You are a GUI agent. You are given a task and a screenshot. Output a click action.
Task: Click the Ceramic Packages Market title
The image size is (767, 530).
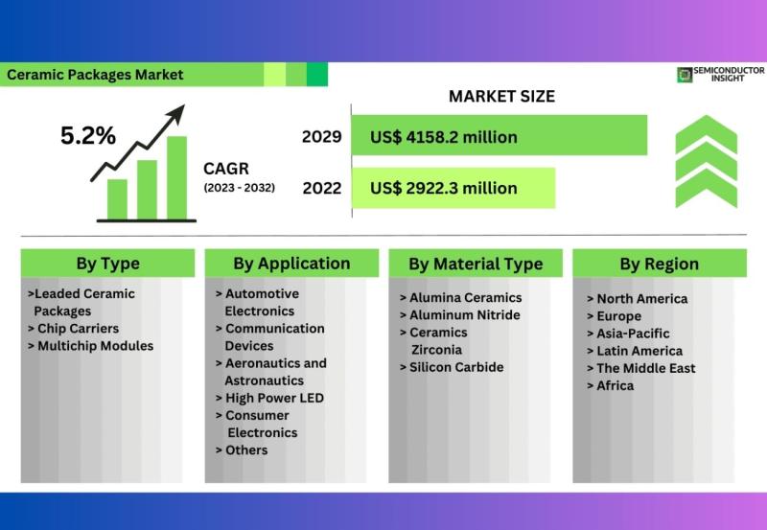coord(95,75)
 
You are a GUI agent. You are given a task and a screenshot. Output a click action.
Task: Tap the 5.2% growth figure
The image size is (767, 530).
coord(88,135)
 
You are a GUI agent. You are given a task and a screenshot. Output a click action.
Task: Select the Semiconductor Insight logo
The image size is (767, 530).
coord(721,75)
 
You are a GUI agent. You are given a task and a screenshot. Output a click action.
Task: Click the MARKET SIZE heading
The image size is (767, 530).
coord(501,96)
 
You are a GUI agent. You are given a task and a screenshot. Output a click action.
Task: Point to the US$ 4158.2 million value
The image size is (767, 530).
coord(444,137)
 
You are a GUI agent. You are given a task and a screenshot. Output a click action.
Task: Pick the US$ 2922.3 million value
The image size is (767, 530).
coord(444,188)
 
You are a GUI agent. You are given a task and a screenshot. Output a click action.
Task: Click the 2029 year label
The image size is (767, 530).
coord(321,136)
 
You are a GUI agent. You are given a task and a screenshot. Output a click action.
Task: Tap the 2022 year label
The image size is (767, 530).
coord(322,188)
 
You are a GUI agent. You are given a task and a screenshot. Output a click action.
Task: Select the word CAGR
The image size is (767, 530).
coord(226,169)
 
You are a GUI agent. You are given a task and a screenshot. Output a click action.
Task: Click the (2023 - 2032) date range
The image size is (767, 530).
coord(239,188)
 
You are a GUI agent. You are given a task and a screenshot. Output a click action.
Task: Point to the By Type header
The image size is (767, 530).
coord(108,264)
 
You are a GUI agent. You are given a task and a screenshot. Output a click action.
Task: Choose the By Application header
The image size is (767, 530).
coord(291,264)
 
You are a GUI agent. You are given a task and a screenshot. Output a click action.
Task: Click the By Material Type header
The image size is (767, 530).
coord(476,264)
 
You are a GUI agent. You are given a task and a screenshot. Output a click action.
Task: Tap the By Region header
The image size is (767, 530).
coord(660,264)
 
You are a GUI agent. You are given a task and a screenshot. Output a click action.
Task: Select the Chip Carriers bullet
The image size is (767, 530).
coord(74,329)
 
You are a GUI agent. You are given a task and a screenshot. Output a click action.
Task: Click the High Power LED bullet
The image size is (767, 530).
coord(269,398)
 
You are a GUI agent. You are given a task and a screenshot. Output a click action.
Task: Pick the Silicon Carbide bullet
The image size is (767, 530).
coord(452,367)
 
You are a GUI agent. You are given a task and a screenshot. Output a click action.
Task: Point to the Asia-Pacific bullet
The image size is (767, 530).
coord(628,334)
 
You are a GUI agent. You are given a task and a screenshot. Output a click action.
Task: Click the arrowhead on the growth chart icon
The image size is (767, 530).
coord(176,113)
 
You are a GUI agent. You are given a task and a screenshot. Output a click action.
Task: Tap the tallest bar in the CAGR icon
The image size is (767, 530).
coord(176,177)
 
